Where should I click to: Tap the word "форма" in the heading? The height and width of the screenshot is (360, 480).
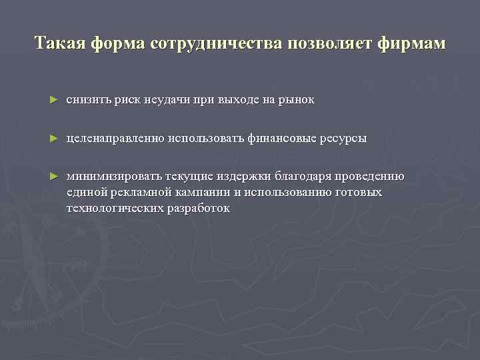(121, 44)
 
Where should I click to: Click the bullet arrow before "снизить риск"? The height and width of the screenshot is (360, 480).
(53, 100)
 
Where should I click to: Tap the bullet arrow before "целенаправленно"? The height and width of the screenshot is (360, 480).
(53, 139)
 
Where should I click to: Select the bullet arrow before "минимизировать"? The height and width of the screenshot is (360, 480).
(53, 177)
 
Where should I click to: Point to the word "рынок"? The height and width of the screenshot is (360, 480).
(298, 100)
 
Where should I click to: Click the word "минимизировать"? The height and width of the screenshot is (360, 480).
(109, 177)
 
